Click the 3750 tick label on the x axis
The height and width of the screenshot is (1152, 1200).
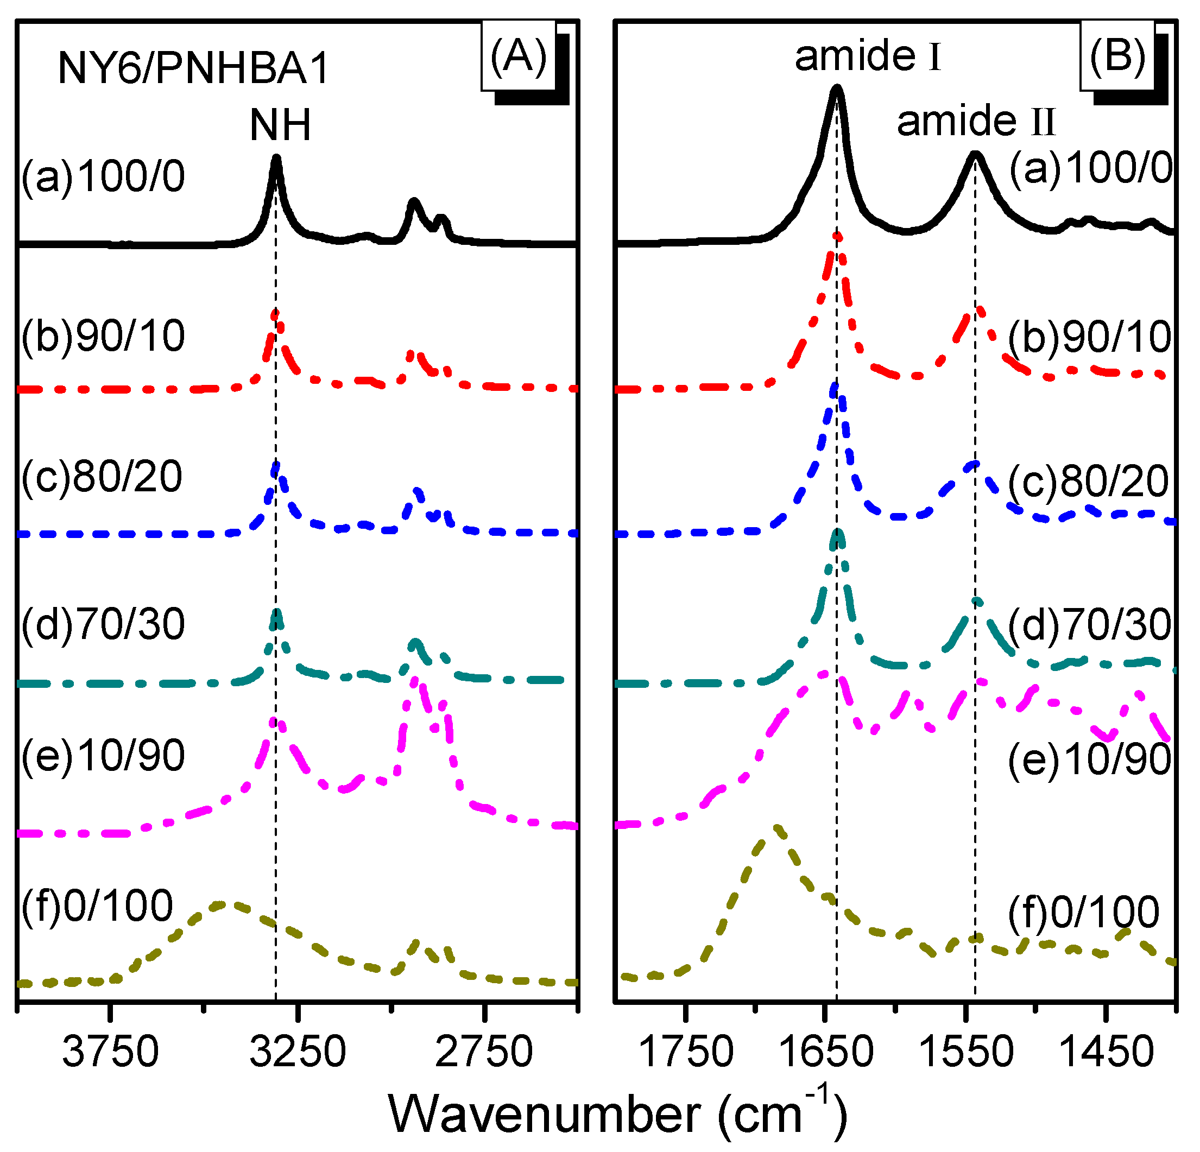(x=110, y=1052)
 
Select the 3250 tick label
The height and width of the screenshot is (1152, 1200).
(x=298, y=1052)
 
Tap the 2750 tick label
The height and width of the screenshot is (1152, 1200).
(x=484, y=1052)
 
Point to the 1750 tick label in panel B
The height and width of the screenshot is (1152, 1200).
(x=686, y=1052)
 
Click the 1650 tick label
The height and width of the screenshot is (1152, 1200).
(x=826, y=1052)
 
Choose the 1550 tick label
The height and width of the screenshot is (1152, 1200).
(x=966, y=1052)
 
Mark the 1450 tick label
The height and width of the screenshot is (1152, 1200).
(x=1106, y=1052)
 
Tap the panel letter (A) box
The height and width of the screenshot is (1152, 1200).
(x=519, y=56)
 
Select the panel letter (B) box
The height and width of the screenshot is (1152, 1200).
(x=1117, y=56)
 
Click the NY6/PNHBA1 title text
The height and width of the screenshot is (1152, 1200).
(x=193, y=68)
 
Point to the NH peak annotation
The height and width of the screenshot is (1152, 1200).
(x=280, y=125)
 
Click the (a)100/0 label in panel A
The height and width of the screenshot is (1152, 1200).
(x=103, y=177)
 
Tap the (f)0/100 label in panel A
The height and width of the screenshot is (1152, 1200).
(x=97, y=906)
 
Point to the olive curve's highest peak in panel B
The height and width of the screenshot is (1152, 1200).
(x=778, y=830)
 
